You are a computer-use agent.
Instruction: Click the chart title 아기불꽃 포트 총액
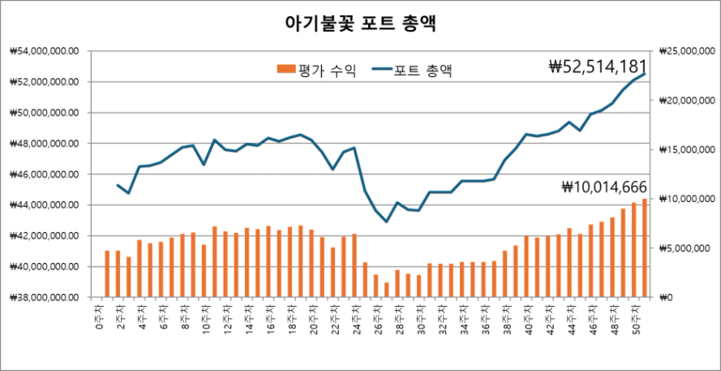pos(360,23)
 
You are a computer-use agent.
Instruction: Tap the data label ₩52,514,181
pos(597,66)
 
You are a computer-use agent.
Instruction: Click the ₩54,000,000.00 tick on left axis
pos(45,51)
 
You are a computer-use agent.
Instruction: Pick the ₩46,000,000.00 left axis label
pos(45,175)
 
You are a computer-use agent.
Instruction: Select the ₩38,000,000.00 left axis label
pos(45,297)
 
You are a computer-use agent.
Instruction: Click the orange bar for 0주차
pos(107,274)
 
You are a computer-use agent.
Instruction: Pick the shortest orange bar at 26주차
pos(386,290)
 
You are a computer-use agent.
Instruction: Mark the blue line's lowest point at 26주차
pos(386,222)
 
